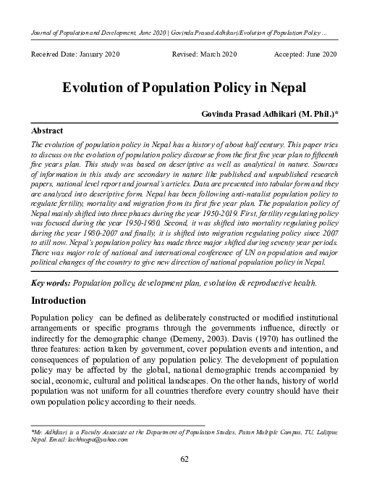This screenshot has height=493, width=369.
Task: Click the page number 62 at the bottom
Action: coord(184,459)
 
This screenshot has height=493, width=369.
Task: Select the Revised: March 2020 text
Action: coord(204,55)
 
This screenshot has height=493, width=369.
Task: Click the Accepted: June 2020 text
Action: coord(305,55)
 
